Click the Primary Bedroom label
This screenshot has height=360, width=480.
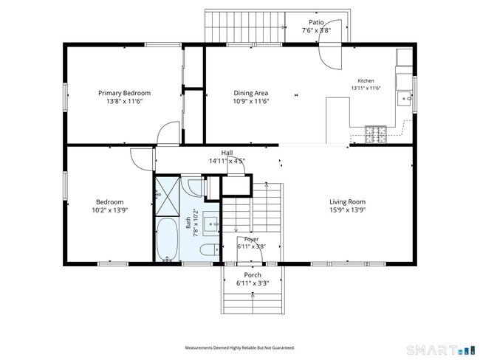(124, 93)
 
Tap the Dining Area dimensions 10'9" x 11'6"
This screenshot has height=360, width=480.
(251, 101)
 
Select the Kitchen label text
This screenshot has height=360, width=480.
(366, 80)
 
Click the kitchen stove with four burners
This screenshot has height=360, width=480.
(376, 134)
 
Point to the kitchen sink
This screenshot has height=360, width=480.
(405, 99)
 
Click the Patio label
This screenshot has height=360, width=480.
(316, 22)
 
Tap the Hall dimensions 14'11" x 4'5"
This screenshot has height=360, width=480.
(227, 161)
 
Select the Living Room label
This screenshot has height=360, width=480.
(348, 202)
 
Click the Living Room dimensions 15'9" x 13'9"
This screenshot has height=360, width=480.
(348, 210)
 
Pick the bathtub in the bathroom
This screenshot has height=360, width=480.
(167, 240)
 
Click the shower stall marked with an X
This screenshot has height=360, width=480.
(168, 196)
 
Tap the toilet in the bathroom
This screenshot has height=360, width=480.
(210, 250)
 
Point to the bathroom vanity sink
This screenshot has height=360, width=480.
(212, 224)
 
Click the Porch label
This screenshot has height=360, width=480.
(253, 275)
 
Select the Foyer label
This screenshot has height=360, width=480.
(251, 239)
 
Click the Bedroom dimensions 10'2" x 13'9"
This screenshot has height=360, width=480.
(110, 210)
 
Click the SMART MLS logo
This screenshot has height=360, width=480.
(441, 350)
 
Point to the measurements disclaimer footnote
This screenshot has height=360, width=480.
(240, 347)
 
